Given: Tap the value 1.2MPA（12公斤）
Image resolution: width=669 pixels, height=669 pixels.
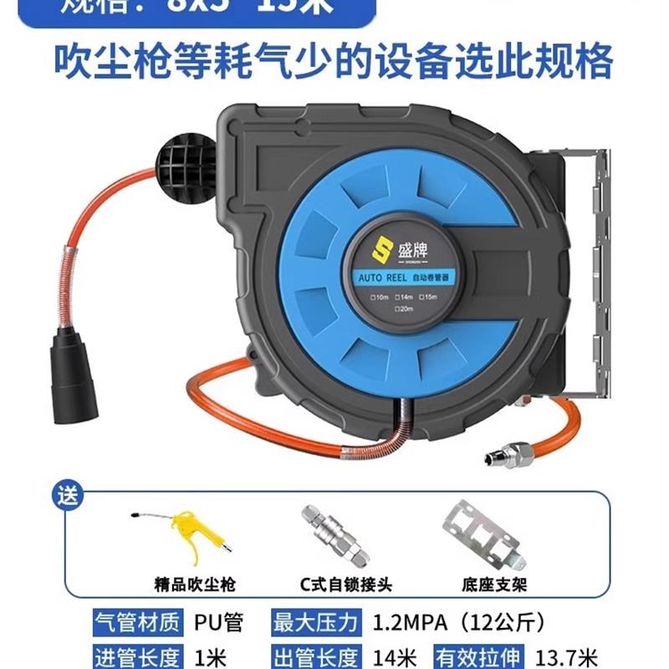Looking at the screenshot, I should point(451,623).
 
